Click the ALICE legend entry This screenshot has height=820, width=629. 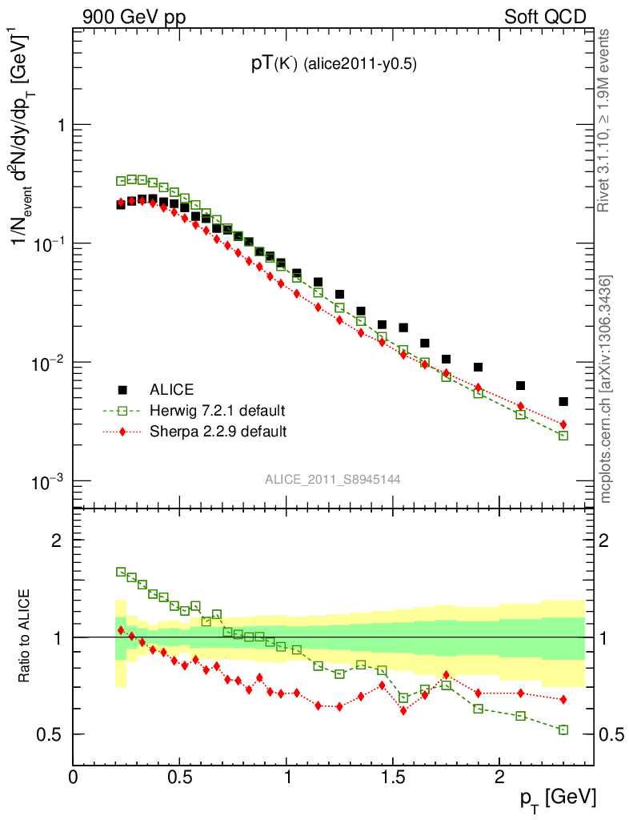[171, 390]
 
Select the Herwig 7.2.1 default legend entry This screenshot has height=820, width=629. [217, 411]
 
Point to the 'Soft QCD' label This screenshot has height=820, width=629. [545, 17]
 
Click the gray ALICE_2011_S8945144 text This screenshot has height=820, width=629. [333, 479]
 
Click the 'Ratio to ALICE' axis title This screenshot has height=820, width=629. [26, 636]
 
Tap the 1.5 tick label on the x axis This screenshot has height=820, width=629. [393, 778]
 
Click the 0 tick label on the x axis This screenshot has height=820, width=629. [74, 778]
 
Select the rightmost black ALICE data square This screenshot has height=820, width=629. [563, 402]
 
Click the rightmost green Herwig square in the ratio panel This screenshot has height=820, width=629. [563, 730]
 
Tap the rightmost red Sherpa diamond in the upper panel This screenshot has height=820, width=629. [563, 424]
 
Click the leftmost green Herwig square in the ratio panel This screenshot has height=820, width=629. [121, 572]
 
